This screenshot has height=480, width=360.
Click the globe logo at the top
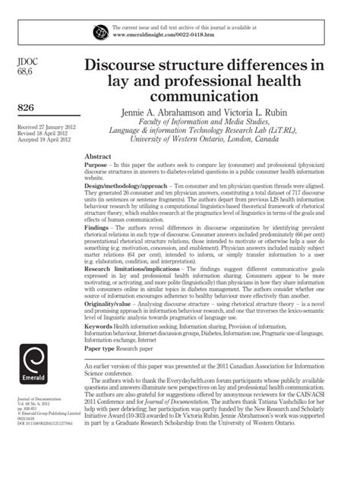tap(100, 31)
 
